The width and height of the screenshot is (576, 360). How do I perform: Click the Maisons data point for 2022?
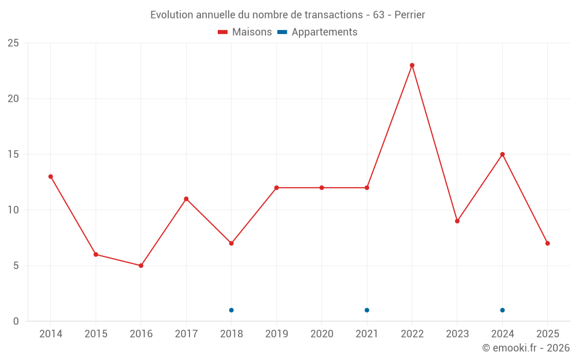[412, 65]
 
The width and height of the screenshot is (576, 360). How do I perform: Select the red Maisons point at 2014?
[51, 177]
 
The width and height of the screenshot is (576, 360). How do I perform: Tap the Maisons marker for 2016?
[141, 266]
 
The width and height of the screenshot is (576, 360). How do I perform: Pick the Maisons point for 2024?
[502, 154]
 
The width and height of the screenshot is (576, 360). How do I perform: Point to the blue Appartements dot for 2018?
[232, 310]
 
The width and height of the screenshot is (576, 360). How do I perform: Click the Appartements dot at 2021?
[367, 310]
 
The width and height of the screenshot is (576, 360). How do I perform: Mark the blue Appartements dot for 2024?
[502, 310]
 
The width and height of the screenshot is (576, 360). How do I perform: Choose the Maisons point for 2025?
[548, 243]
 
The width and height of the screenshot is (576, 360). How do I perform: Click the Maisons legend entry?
[245, 32]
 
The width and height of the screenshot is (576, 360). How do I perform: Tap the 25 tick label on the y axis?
[13, 43]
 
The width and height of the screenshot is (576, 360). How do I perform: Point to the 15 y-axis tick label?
[13, 154]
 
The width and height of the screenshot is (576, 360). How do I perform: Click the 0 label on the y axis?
[16, 321]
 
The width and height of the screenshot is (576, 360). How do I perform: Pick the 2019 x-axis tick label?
[276, 334]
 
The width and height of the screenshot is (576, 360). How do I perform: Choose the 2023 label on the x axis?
[457, 334]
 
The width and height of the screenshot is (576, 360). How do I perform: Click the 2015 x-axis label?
[96, 334]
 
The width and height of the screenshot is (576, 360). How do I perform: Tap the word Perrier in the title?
[410, 15]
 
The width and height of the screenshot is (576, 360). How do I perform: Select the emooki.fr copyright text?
[526, 348]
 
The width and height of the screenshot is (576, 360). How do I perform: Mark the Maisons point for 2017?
[186, 199]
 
